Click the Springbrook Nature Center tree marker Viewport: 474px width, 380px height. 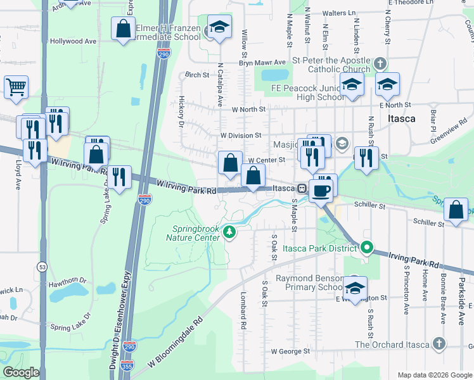[x=229, y=234]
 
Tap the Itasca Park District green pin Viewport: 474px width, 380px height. [x=366, y=248]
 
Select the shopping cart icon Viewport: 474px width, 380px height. [x=16, y=87]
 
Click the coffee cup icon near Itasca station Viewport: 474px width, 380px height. [x=321, y=189]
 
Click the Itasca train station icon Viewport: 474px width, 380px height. [x=302, y=189]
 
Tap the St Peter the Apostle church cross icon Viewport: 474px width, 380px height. [x=380, y=64]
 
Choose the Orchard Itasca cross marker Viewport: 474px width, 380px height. [x=438, y=345]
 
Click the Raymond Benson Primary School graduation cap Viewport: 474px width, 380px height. [x=355, y=286]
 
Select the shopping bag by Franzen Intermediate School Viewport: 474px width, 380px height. [x=123, y=28]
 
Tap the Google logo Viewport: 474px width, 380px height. [x=20, y=372]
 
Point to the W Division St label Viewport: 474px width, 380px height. [x=241, y=135]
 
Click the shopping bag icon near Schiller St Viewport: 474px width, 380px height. [x=456, y=210]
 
